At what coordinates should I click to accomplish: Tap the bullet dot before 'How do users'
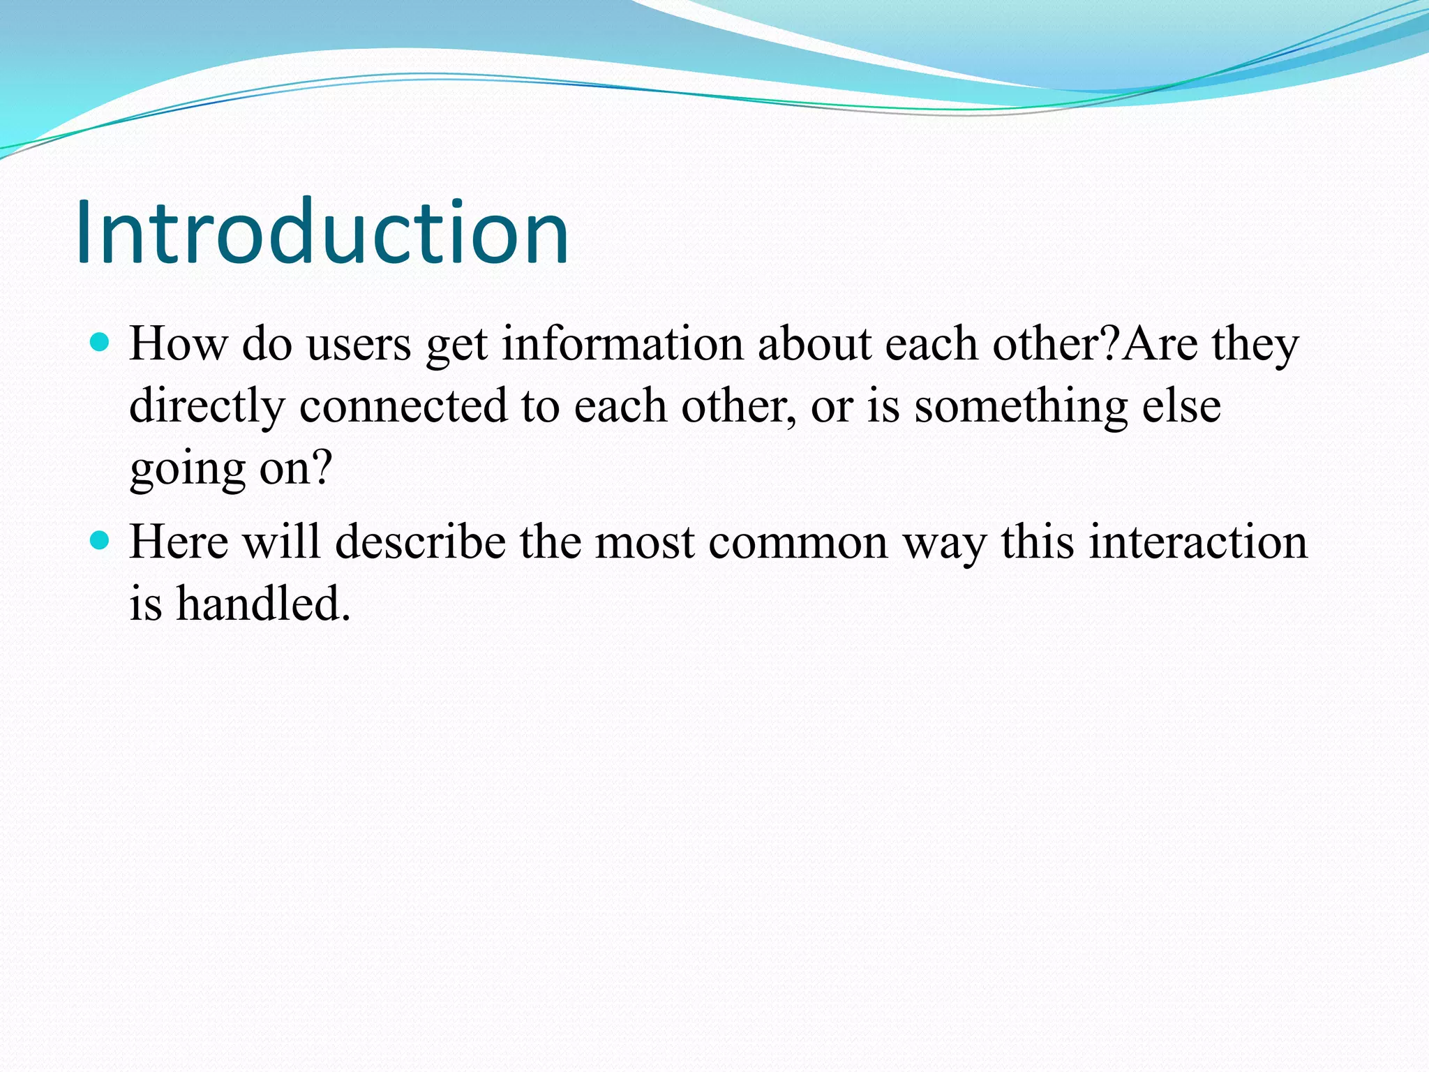click(100, 342)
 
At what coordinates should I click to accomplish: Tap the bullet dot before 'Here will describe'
click(100, 539)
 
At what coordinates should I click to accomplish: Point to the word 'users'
click(359, 345)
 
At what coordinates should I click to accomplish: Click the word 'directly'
click(207, 406)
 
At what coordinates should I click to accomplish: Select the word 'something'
click(1021, 406)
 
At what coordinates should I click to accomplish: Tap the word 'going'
click(187, 469)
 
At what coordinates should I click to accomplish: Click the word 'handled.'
click(262, 604)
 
